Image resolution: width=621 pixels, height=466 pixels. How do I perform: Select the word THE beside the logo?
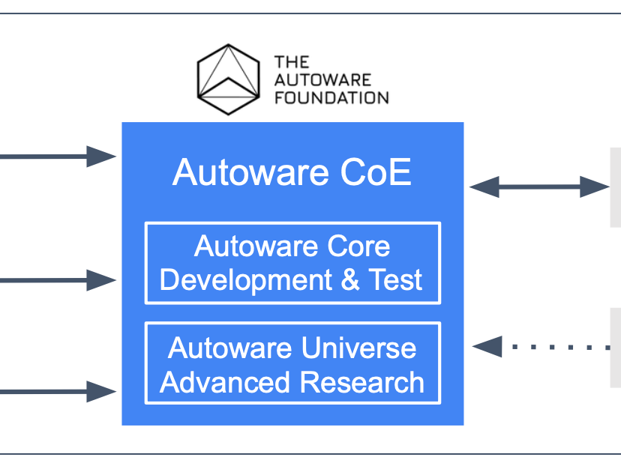pyautogui.click(x=292, y=62)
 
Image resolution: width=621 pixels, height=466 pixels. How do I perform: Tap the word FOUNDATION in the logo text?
pyautogui.click(x=331, y=97)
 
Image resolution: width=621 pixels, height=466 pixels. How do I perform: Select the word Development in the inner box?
pyautogui.click(x=245, y=280)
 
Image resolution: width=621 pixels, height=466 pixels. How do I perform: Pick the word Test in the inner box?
pyautogui.click(x=395, y=280)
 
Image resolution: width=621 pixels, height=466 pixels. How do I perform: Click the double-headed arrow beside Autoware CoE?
pyautogui.click(x=538, y=187)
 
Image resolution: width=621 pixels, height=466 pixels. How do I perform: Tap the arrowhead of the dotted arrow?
pyautogui.click(x=486, y=346)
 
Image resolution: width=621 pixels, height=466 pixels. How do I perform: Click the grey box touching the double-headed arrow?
pyautogui.click(x=615, y=187)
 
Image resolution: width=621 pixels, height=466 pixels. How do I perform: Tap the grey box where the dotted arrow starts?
pyautogui.click(x=615, y=346)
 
